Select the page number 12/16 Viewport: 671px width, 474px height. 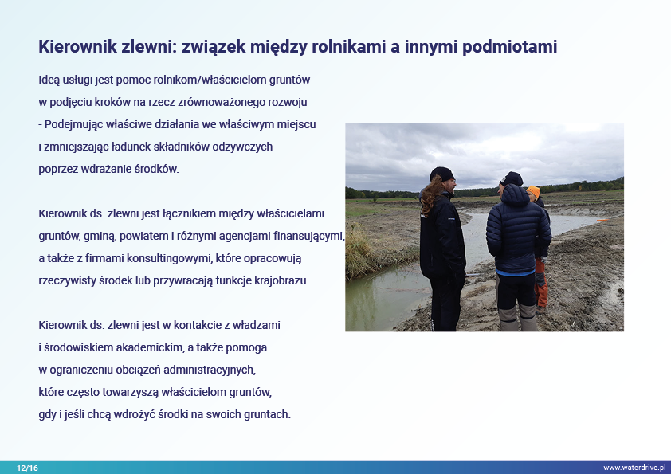click(x=27, y=468)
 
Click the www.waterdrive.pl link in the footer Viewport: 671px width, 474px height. click(x=634, y=468)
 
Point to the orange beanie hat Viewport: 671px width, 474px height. click(x=533, y=191)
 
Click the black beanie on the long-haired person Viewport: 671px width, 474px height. click(x=442, y=174)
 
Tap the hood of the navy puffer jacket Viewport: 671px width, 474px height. click(x=516, y=194)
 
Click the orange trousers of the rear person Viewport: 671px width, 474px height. click(x=541, y=283)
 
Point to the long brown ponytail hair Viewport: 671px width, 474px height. click(x=429, y=194)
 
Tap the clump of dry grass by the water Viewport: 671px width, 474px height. click(x=359, y=255)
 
